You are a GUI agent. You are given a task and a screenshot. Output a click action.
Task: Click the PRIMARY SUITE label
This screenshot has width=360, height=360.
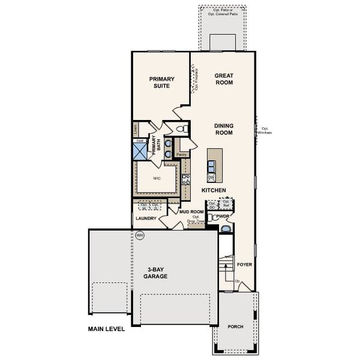162,82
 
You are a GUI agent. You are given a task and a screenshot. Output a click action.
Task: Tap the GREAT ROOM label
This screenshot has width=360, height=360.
224,79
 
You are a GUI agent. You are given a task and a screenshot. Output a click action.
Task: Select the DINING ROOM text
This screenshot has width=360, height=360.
224,129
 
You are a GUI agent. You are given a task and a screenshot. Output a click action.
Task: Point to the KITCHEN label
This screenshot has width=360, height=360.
214,190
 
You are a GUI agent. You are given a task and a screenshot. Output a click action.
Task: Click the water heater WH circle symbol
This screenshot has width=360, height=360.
140,235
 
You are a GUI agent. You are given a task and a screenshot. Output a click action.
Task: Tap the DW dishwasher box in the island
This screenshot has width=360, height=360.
211,178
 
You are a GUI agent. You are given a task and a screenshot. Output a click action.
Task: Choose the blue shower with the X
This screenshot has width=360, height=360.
140,151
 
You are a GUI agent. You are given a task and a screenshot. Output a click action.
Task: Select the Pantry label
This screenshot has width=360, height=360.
182,155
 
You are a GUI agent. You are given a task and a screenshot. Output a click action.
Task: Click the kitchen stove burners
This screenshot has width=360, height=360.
186,178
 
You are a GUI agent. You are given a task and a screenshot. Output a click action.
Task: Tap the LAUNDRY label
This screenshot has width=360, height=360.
146,219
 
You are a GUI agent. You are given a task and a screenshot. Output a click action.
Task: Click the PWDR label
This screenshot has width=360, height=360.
224,215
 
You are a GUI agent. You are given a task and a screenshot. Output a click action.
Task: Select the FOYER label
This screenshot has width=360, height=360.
244,264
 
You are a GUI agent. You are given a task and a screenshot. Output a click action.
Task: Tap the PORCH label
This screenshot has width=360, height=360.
235,327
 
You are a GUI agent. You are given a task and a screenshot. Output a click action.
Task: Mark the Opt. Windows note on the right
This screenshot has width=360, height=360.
266,130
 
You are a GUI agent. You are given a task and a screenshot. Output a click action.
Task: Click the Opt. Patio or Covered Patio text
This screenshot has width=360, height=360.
223,12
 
